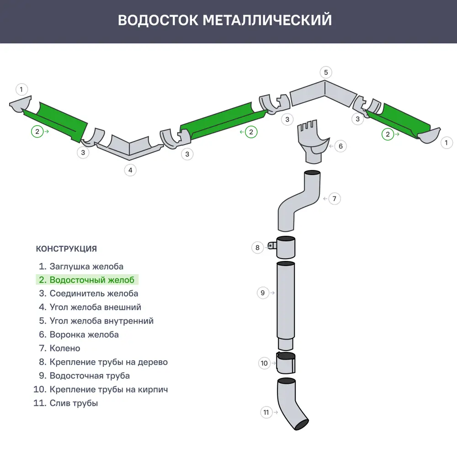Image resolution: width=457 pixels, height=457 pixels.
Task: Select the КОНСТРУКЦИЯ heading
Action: pos(66,249)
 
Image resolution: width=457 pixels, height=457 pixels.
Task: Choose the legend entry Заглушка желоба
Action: pos(81,266)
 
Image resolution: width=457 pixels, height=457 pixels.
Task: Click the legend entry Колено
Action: pos(59,348)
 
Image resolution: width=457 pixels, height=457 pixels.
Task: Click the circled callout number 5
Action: pos(326,72)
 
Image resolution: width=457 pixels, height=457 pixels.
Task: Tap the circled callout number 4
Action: pos(130,170)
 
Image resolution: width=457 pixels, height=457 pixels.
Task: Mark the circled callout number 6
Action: pos(340,146)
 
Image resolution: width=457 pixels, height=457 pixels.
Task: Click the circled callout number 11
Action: pos(266,412)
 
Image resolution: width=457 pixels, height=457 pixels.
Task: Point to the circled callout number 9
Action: pos(262,292)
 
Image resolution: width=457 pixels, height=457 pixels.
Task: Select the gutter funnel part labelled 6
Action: pos(312,142)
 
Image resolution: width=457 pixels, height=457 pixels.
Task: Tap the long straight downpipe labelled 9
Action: pos(286,302)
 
